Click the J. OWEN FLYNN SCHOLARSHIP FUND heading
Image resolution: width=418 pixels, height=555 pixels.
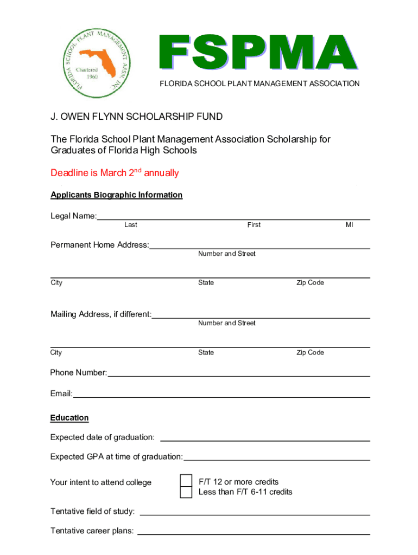[x=137, y=117]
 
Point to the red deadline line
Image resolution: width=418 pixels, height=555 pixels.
[x=115, y=173]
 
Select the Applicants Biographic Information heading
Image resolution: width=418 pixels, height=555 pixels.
[x=116, y=195]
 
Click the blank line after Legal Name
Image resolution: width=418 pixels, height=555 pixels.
[x=233, y=218]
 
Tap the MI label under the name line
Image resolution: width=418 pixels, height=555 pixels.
[x=349, y=225]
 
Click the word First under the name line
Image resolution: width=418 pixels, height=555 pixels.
[x=254, y=225]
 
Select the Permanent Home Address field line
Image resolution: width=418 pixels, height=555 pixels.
[x=259, y=247]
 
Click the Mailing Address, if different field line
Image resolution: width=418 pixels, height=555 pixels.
[x=261, y=316]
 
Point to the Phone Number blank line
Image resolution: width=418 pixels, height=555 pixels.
[x=239, y=375]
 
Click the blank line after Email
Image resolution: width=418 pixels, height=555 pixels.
[x=221, y=396]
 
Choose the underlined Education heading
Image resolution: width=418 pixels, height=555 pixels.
[x=69, y=418]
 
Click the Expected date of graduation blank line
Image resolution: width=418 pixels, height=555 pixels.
[x=265, y=439]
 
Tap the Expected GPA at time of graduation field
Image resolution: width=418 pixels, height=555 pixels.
[x=277, y=459]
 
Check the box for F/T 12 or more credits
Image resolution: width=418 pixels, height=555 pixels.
[x=186, y=481]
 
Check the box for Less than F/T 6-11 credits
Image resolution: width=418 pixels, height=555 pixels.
[x=186, y=492]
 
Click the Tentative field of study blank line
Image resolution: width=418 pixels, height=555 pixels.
[x=255, y=513]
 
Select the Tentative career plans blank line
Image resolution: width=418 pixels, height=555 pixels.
[x=254, y=533]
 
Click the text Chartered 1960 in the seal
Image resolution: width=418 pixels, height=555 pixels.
[x=86, y=73]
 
